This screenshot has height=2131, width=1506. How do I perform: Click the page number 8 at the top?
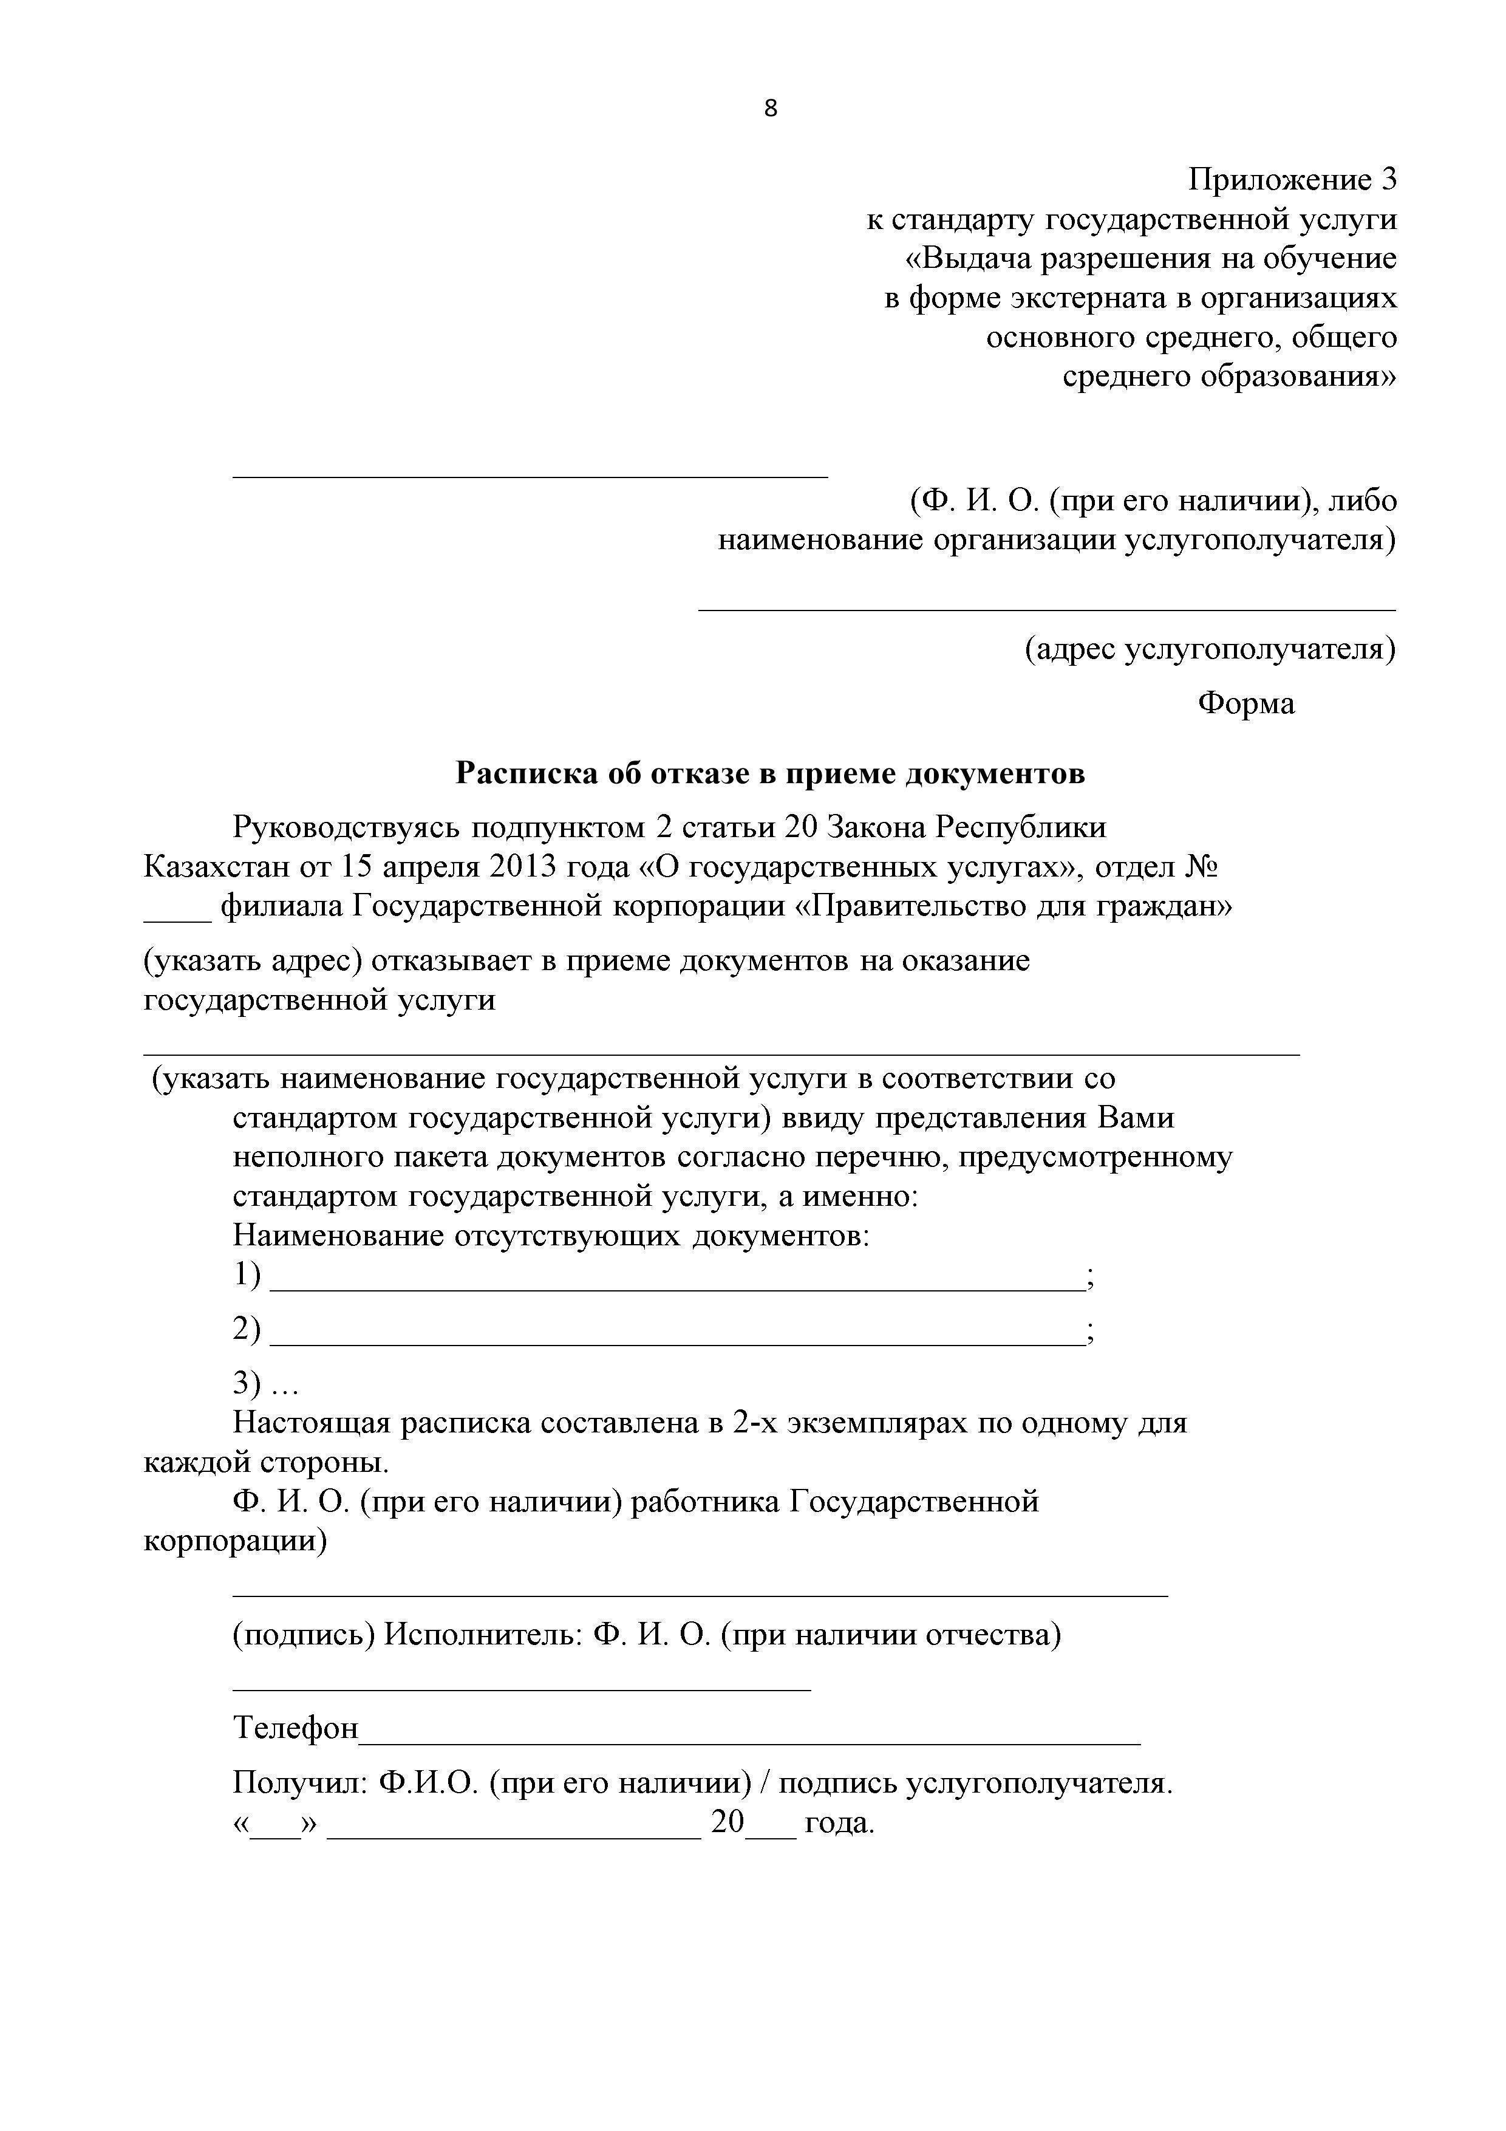point(770,109)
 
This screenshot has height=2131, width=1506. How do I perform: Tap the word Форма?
point(1245,703)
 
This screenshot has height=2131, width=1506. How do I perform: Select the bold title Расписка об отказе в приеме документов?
point(770,773)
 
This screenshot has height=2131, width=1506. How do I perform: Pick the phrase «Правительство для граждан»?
point(1015,905)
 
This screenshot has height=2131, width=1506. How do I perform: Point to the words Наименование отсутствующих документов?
point(551,1236)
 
